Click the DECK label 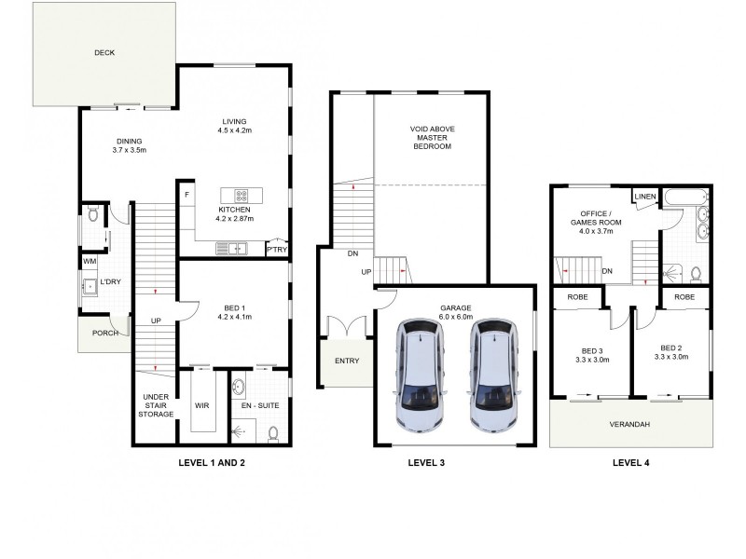click(104, 53)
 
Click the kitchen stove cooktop click(241, 196)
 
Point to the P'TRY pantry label click(276, 250)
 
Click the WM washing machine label click(90, 263)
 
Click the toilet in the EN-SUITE click(273, 432)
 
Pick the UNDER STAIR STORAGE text click(155, 405)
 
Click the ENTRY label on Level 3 click(346, 361)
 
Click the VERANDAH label click(632, 425)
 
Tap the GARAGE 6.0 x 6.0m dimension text click(456, 317)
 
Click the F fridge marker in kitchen click(187, 195)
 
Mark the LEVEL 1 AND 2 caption click(211, 461)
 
